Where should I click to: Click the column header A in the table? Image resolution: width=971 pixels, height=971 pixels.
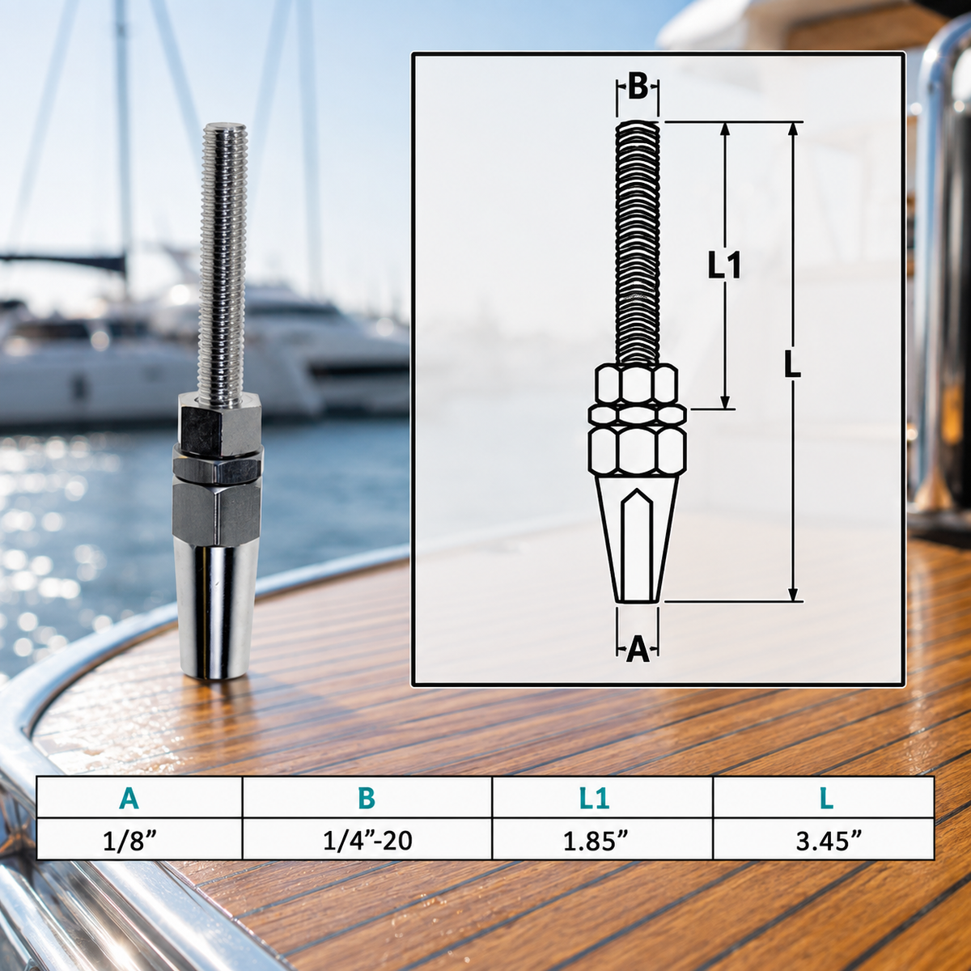[x=129, y=798]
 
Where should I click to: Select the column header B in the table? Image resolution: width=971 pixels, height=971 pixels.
[x=367, y=798]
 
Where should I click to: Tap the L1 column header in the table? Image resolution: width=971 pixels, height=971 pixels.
[x=594, y=798]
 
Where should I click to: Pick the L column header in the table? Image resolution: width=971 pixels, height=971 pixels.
[x=825, y=798]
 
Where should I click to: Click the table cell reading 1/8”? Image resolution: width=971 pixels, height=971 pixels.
[x=129, y=840]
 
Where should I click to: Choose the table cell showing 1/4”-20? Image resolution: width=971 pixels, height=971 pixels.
[x=367, y=840]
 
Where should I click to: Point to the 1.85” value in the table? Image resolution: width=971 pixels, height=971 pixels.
[x=595, y=840]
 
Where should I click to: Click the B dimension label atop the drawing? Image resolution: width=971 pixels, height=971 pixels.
[x=638, y=87]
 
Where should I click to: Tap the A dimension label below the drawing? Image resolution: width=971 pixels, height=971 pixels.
[x=638, y=650]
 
